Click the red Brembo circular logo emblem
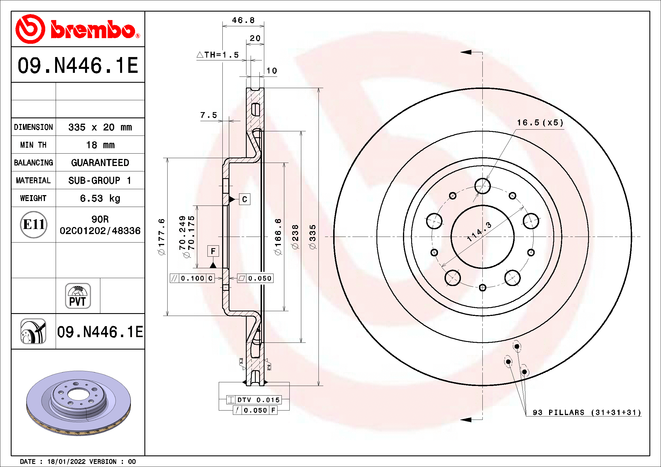[30, 29]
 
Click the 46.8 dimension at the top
[243, 20]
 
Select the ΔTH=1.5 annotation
[218, 55]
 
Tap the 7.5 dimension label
[209, 115]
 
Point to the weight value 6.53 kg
[100, 198]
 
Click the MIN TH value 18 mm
[100, 145]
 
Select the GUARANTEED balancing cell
[100, 163]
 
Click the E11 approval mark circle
[34, 224]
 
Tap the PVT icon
[78, 296]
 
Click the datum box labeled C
[244, 199]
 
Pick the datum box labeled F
[213, 251]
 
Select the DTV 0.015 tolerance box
[253, 400]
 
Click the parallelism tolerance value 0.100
[192, 278]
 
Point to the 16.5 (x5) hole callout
[540, 123]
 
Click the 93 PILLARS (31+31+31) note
[586, 412]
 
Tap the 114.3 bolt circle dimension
[479, 232]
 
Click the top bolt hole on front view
[482, 186]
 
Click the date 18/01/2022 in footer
[66, 462]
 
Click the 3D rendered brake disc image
[78, 403]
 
